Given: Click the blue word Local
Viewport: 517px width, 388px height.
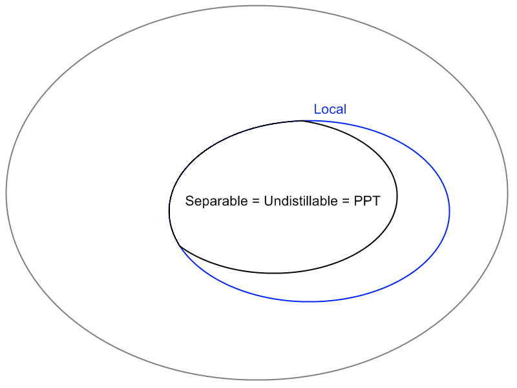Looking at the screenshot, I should (330, 109).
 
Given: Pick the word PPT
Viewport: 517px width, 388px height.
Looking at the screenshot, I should (366, 201).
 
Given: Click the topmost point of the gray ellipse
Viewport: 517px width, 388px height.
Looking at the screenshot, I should (257, 6).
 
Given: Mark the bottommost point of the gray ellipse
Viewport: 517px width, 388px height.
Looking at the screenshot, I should (257, 380).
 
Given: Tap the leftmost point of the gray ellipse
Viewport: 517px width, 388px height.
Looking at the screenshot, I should (6, 193).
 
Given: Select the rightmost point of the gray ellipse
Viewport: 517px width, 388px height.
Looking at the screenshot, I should (509, 193).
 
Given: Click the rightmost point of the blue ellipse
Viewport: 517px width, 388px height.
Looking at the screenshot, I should (449, 211).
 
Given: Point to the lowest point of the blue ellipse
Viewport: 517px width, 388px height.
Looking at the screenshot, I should (310, 301).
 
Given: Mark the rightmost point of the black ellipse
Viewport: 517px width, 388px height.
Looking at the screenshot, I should (397, 196).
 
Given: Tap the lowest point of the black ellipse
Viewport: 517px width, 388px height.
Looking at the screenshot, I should (274, 273).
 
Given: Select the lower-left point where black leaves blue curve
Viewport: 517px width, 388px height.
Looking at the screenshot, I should (179, 246).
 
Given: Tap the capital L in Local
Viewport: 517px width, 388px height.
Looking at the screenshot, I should (317, 109).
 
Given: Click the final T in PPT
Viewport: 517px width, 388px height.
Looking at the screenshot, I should (375, 201).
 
